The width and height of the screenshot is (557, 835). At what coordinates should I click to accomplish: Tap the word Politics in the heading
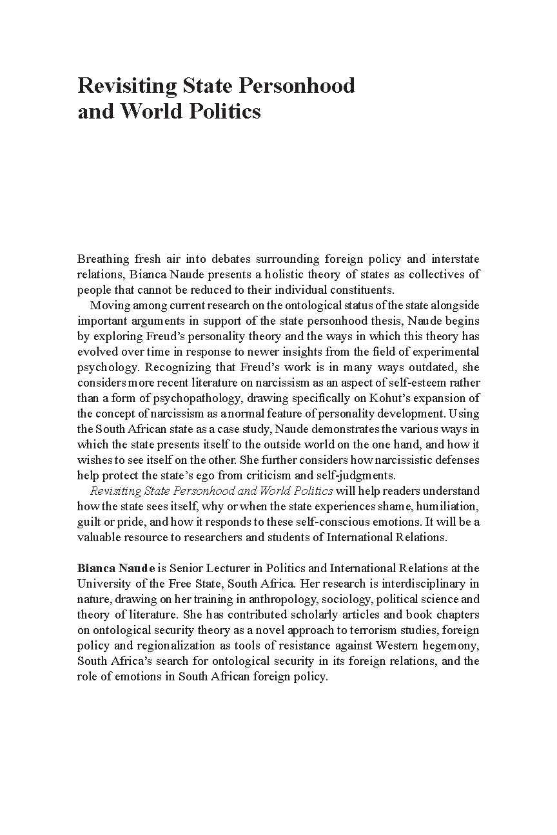[x=225, y=111]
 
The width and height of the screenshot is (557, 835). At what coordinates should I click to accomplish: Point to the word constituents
[x=362, y=290]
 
